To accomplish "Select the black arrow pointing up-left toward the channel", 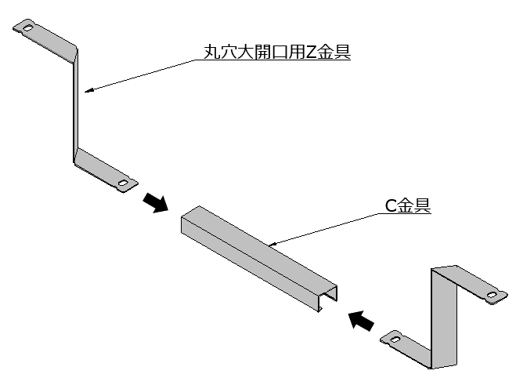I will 360,320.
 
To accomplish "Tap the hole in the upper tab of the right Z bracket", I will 492,296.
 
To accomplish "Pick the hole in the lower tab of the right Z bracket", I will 393,340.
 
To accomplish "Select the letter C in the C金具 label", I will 391,206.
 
